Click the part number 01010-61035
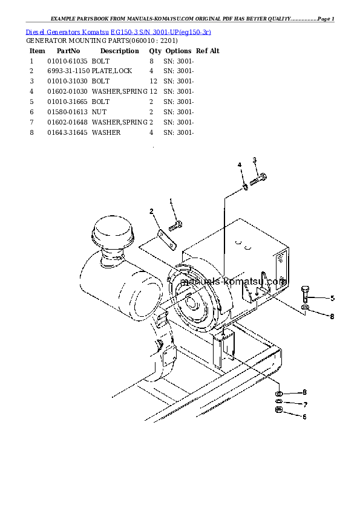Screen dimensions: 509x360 tap(67, 61)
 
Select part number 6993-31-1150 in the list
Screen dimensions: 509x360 tap(68, 71)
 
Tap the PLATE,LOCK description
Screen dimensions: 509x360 tap(111, 71)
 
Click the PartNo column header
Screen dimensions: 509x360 tap(68, 51)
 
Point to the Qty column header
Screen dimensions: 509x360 tap(155, 51)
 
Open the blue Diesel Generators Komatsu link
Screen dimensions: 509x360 tap(119, 31)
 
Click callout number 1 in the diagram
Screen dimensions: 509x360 tap(171, 201)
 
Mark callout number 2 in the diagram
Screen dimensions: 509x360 tap(152, 211)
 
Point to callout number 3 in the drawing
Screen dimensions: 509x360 tap(255, 160)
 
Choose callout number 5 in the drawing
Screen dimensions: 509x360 tap(332, 298)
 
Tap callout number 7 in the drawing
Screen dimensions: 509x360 tap(305, 404)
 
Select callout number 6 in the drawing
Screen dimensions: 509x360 tap(305, 416)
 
